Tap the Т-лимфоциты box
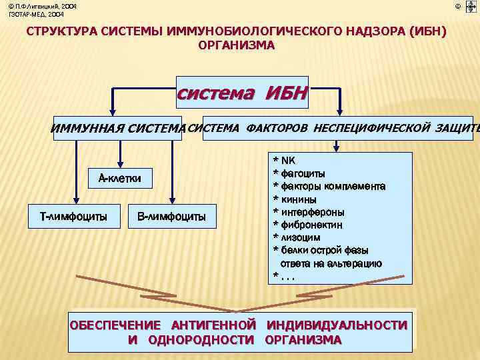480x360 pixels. (74, 216)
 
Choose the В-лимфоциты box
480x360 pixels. (171, 216)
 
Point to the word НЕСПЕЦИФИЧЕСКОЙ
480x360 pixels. (373, 127)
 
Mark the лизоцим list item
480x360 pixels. (301, 237)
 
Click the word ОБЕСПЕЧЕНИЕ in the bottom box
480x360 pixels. (116, 325)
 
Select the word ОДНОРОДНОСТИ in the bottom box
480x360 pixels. (201, 340)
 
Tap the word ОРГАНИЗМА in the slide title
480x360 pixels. (236, 45)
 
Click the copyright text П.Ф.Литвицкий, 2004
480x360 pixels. (43, 6)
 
